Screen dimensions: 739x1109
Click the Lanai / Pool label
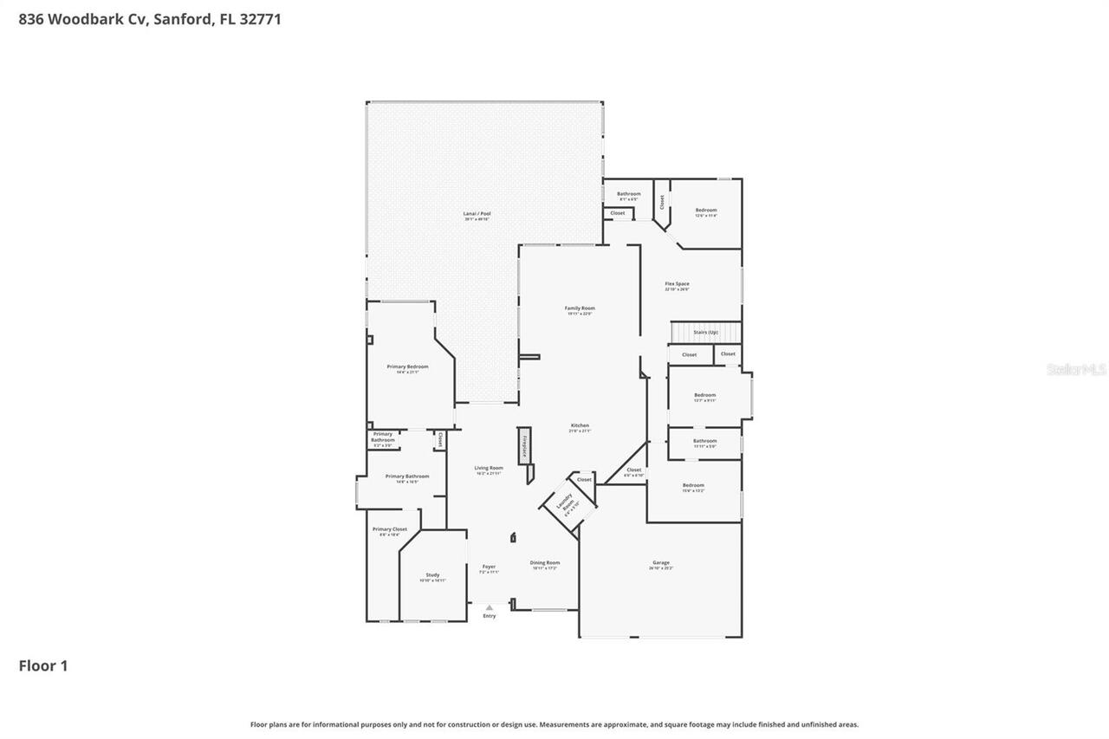point(477,214)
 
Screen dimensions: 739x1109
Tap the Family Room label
point(580,308)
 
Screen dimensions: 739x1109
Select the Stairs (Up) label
point(705,332)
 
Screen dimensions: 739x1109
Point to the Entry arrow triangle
point(490,607)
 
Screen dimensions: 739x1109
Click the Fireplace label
point(524,444)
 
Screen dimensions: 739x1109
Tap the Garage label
point(660,563)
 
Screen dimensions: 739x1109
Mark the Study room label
point(432,575)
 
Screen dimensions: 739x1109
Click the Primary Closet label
point(389,529)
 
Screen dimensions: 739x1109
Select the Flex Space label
point(677,284)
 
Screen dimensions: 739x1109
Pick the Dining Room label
point(545,563)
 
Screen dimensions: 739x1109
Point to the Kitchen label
point(580,425)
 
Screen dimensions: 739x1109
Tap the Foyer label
point(490,567)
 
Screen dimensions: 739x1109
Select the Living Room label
point(490,468)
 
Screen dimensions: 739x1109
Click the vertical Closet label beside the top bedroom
point(662,202)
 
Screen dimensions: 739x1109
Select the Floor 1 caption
point(43,665)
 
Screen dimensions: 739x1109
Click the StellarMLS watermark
point(1076,370)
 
